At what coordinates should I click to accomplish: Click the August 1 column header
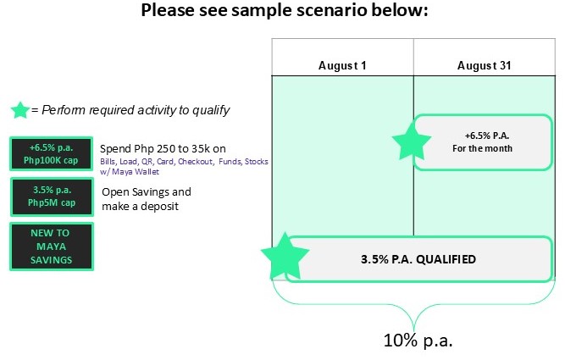[342, 65]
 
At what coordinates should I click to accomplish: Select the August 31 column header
[484, 65]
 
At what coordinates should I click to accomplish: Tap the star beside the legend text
[20, 110]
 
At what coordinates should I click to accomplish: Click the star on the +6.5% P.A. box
[411, 141]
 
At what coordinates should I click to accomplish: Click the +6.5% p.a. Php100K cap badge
[51, 154]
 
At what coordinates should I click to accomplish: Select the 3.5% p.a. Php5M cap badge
[52, 197]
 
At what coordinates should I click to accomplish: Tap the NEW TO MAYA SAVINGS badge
[52, 246]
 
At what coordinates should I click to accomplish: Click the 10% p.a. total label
[418, 341]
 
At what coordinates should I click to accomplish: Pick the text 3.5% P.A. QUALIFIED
[418, 259]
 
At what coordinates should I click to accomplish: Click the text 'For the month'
[482, 148]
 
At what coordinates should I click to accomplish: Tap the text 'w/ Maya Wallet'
[130, 172]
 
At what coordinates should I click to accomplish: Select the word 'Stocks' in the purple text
[256, 162]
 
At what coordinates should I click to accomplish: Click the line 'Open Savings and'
[147, 191]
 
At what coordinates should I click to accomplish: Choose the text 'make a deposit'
[140, 206]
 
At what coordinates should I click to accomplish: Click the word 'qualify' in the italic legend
[211, 110]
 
